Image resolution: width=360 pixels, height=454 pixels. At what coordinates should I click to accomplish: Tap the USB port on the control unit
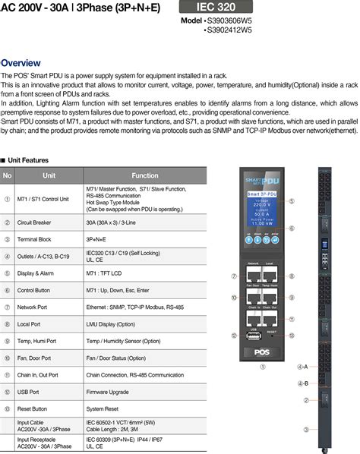tap(252, 337)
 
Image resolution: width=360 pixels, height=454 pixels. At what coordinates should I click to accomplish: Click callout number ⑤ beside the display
tap(291, 200)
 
